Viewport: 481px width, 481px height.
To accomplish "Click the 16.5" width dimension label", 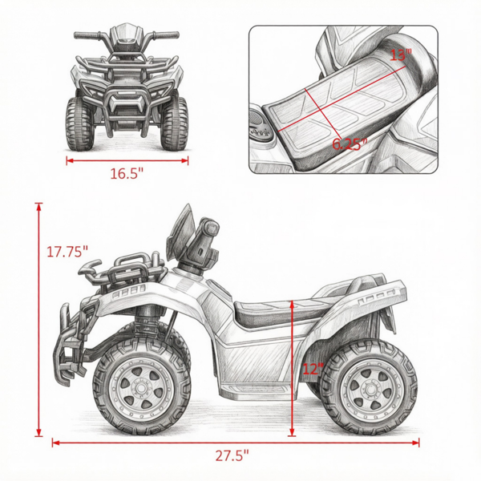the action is [127, 174].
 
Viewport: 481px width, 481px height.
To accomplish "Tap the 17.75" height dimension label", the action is [67, 252].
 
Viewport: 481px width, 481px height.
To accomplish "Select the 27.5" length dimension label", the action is [232, 455].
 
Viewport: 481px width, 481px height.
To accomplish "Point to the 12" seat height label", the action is [313, 369].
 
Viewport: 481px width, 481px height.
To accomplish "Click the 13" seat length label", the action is [401, 55].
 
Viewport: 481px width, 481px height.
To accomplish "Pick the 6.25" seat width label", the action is [350, 143].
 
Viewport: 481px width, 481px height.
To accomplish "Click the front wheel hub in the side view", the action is [141, 389].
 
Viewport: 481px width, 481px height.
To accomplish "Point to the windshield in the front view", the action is [126, 33].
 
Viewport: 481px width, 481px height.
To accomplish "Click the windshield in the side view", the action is [180, 232].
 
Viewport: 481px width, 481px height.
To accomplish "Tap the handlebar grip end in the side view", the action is [212, 228].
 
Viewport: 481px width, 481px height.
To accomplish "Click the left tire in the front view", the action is [79, 124].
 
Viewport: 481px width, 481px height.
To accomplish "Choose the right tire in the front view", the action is [174, 123].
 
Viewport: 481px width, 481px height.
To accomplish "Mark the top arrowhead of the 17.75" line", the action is [38, 207].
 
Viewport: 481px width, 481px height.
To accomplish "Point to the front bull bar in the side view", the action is [71, 345].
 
